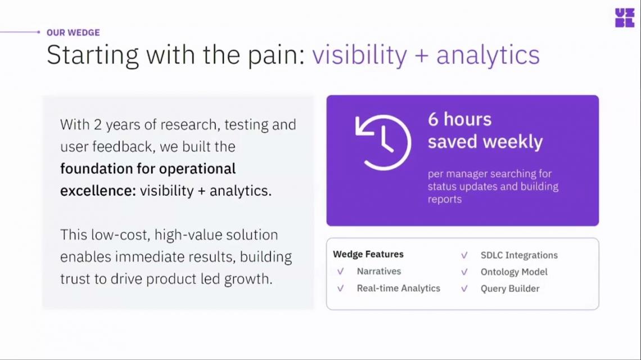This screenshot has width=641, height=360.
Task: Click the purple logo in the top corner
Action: [x=625, y=18]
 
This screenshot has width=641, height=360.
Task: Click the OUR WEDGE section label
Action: [x=73, y=33]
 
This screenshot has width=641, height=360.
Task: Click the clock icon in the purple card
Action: [x=383, y=142]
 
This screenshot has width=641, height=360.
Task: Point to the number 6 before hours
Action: [x=433, y=119]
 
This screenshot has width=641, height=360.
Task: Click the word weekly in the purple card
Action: [x=513, y=142]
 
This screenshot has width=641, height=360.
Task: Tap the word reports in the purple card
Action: [x=445, y=199]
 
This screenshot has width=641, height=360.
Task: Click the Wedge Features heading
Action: [x=368, y=254]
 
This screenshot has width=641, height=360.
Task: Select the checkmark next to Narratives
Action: [x=341, y=271]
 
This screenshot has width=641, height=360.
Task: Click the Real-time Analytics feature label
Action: [x=399, y=288]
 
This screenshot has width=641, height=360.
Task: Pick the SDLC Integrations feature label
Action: [x=519, y=255]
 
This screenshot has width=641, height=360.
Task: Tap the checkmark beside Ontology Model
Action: [x=464, y=272]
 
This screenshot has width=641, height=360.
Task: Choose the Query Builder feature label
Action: [x=510, y=289]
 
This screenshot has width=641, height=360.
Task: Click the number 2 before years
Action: [x=98, y=124]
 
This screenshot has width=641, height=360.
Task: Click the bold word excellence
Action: [x=98, y=191]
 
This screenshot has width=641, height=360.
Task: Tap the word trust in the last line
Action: [x=75, y=279]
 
